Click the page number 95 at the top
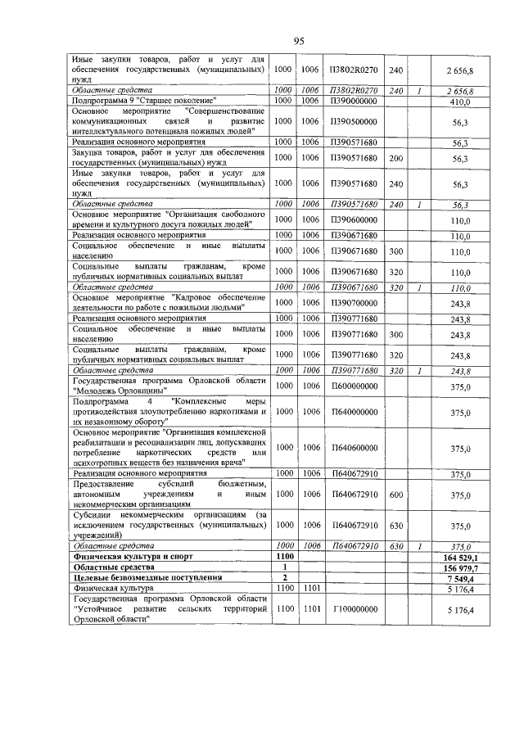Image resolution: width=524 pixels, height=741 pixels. pos(299,42)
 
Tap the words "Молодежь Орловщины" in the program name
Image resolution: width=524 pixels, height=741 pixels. pos(111,391)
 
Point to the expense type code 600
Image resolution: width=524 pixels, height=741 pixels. pos(396,495)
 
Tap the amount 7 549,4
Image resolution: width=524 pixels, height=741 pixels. pos(463,577)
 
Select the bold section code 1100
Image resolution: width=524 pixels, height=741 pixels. pos(284,556)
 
